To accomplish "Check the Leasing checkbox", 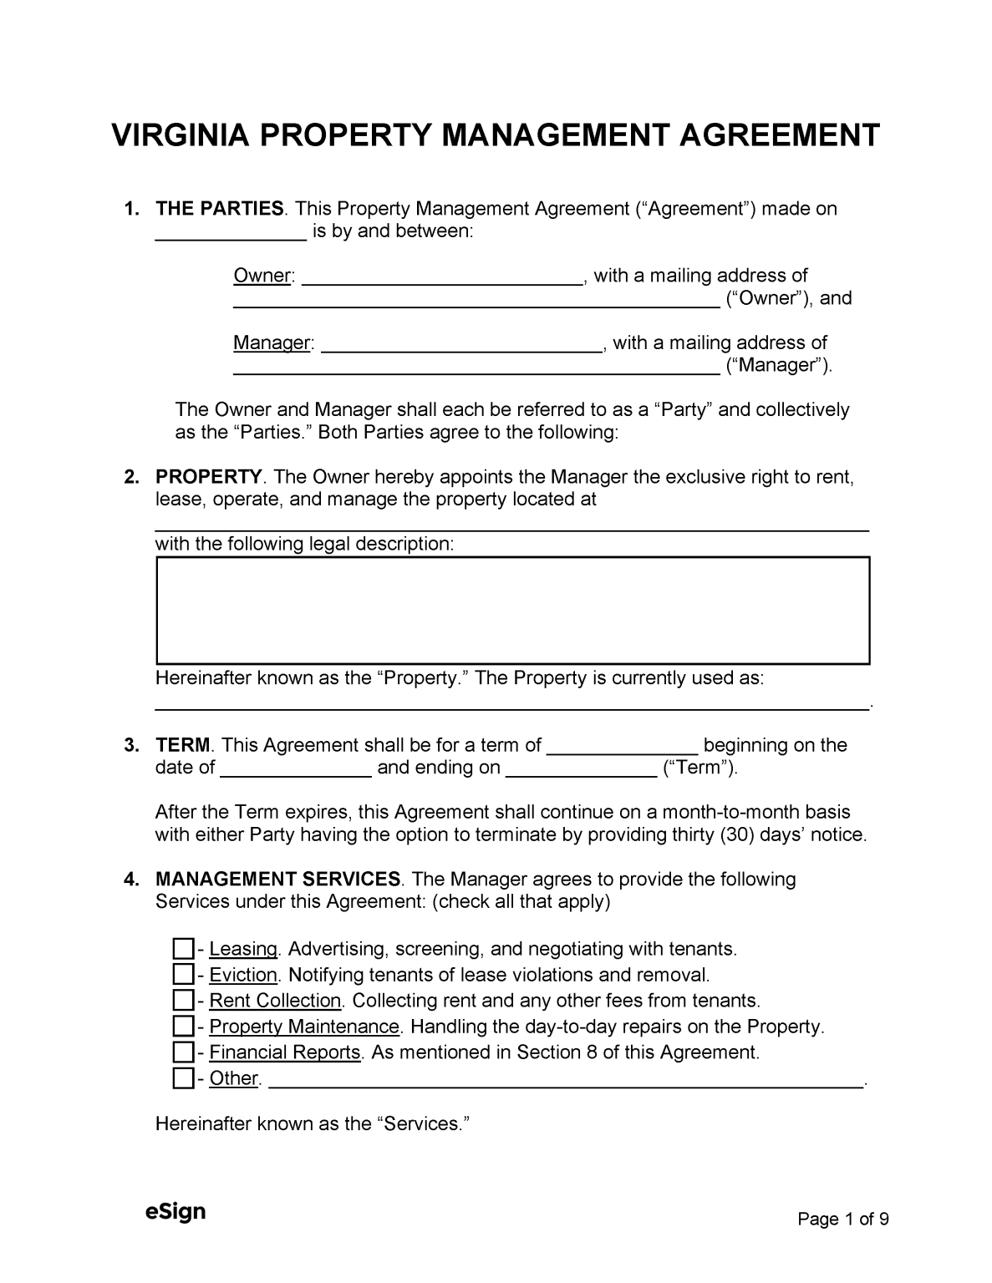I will (x=182, y=949).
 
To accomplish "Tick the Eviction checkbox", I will (x=182, y=975).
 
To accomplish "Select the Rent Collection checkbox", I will (x=182, y=1001).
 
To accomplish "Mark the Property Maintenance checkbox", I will (x=182, y=1027).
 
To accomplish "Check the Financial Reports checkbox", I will (x=182, y=1052).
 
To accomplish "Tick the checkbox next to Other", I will (x=182, y=1078).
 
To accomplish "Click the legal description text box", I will (x=512, y=611).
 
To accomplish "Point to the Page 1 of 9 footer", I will (x=842, y=1219).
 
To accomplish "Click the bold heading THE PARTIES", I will (x=220, y=209).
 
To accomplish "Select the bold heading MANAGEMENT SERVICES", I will (x=278, y=879).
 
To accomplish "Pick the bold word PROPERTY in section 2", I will (x=209, y=477).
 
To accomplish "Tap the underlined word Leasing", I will (x=243, y=949).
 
